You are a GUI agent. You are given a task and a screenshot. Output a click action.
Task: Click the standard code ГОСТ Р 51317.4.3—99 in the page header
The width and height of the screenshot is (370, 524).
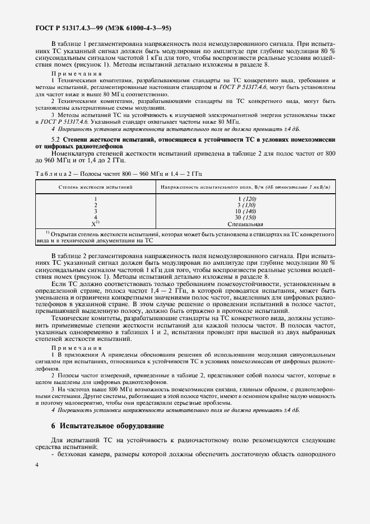click(67, 27)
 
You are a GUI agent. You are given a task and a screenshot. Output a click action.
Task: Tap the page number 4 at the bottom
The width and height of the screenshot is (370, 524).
click(36, 495)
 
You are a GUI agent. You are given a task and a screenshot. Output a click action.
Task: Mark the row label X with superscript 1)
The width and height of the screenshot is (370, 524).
click(96, 223)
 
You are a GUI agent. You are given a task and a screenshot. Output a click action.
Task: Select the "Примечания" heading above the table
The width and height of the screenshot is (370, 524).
click(76, 73)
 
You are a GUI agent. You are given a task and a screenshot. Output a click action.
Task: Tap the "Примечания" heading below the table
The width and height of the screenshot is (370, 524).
click(76, 348)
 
